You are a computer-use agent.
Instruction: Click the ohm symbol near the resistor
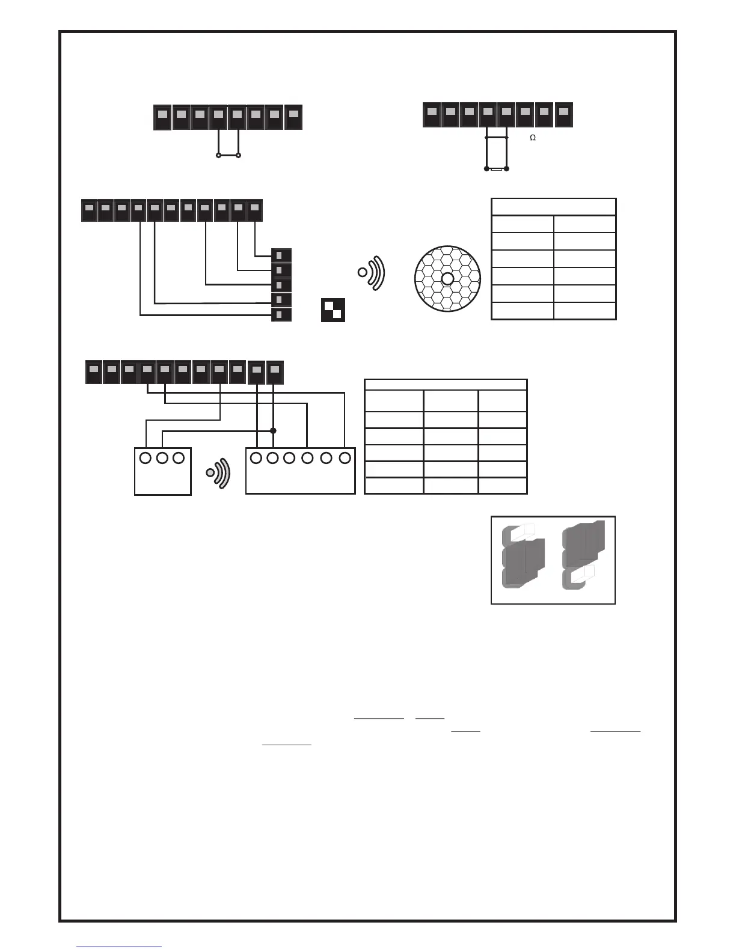click(532, 138)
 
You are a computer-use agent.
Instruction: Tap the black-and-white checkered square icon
click(333, 310)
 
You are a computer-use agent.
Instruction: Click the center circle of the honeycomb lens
click(447, 278)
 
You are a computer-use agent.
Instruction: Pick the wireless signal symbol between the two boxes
click(218, 473)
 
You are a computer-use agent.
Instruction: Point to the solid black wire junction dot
click(273, 430)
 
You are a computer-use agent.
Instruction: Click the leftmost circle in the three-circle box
click(145, 458)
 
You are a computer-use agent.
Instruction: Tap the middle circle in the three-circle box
click(162, 458)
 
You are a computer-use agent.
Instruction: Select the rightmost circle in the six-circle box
click(345, 458)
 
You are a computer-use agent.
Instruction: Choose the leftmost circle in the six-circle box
click(256, 458)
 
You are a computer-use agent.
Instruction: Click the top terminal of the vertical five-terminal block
click(281, 256)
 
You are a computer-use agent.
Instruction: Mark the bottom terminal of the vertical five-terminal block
click(281, 314)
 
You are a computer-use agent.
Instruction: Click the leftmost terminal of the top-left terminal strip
click(162, 117)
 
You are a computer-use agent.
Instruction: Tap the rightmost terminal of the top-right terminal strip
click(563, 115)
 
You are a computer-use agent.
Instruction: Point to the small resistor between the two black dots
click(496, 169)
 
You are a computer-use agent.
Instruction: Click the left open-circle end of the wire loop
click(218, 156)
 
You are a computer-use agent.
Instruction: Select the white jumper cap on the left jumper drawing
click(521, 530)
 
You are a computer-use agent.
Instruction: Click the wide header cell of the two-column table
click(553, 207)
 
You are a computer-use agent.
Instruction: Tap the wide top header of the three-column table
click(446, 385)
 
